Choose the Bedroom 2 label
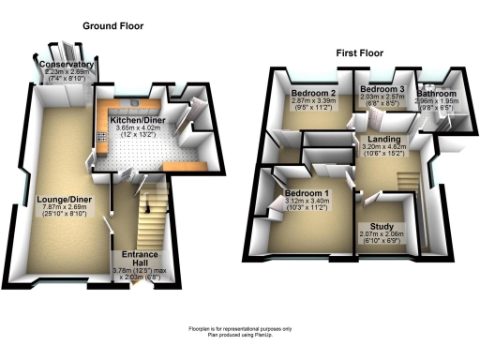pyautogui.click(x=312, y=94)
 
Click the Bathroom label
pyautogui.click(x=437, y=95)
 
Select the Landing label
pyautogui.click(x=378, y=139)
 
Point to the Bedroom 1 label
pyautogui.click(x=307, y=192)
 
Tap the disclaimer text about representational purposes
pyautogui.click(x=240, y=327)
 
